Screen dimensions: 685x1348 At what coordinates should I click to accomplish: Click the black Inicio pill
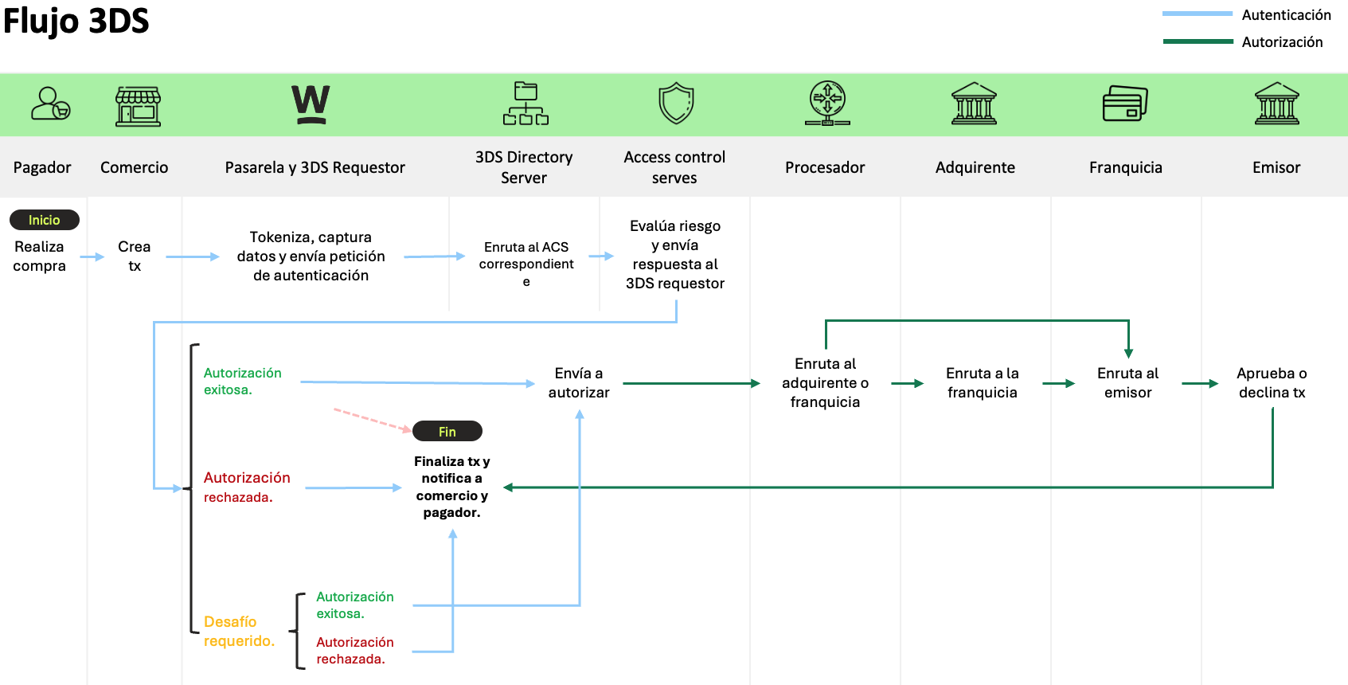[x=45, y=220]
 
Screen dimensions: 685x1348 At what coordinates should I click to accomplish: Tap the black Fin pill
[x=447, y=431]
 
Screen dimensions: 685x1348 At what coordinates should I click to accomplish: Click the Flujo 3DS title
[x=76, y=21]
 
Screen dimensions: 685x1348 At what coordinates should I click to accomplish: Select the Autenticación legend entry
[x=1285, y=15]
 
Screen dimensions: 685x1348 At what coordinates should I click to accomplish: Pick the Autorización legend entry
[x=1281, y=42]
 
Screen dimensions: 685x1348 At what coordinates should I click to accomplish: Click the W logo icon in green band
[x=311, y=104]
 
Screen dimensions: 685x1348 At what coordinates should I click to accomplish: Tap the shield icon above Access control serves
[x=676, y=104]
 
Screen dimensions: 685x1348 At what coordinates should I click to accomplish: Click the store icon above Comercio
[x=138, y=106]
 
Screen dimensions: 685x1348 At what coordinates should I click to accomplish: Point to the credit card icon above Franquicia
[x=1124, y=104]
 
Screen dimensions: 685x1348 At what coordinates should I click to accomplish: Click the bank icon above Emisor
[x=1276, y=104]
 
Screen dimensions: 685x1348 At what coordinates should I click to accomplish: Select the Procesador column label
[x=824, y=167]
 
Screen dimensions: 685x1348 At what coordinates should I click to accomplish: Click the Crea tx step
[x=135, y=256]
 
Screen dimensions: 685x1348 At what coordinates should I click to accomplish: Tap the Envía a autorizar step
[x=579, y=383]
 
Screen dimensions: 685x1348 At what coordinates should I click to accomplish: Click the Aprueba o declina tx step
[x=1272, y=383]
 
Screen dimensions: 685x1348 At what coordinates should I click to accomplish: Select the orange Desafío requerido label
[x=239, y=631]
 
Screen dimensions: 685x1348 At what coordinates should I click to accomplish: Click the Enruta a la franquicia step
[x=982, y=383]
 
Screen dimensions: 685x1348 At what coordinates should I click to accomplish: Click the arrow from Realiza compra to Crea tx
[x=92, y=256]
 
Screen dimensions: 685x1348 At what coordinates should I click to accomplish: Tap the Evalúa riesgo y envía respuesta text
[x=675, y=255]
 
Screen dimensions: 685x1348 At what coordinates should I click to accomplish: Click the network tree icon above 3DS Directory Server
[x=526, y=104]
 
